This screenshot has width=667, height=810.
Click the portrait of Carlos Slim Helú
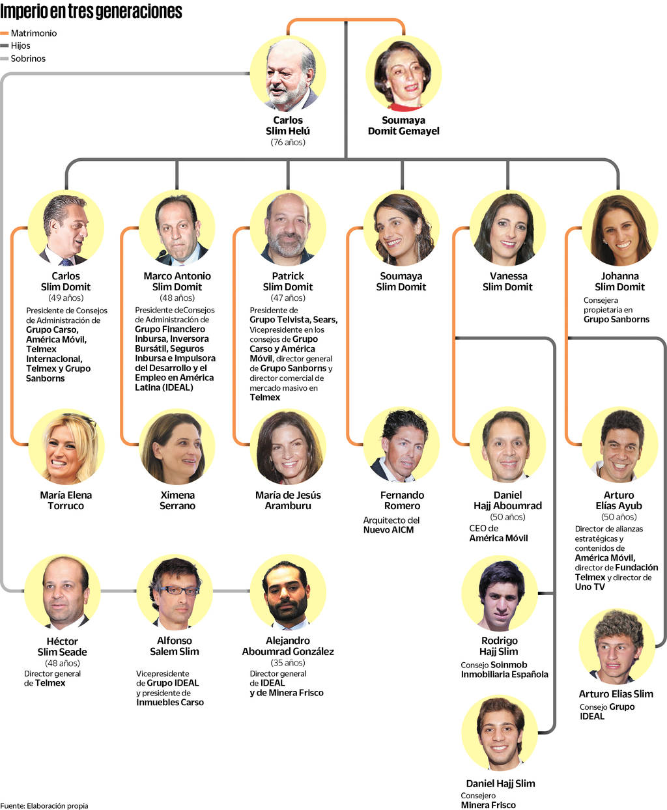point(288,74)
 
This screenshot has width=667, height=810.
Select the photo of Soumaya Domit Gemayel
point(403,74)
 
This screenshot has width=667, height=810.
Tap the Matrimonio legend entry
point(33,33)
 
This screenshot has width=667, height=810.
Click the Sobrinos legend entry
point(27,59)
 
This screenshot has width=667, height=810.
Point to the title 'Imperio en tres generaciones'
point(91,12)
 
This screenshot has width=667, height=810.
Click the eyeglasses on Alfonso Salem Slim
point(178,591)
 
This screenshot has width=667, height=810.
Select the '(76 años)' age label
point(288,142)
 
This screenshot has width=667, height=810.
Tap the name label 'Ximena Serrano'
point(177,500)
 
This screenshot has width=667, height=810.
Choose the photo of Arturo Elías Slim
point(616,646)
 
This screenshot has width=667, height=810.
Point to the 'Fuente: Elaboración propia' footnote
point(44,805)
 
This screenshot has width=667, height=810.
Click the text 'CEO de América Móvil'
point(498,533)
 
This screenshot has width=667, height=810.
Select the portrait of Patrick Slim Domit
point(288,228)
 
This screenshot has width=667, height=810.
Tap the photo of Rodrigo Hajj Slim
point(500,593)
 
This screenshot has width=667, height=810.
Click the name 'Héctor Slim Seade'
point(62,647)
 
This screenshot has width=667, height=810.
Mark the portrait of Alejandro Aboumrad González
point(287,593)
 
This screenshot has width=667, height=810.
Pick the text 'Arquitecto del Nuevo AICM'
point(391,525)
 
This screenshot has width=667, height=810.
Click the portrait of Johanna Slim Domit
point(619,228)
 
